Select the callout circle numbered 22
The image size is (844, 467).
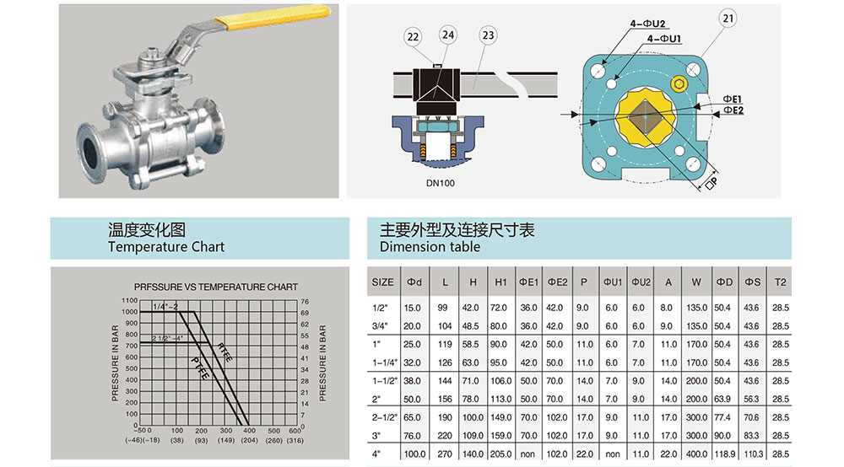(x=414, y=35)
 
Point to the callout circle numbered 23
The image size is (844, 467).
(x=487, y=35)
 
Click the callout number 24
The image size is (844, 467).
(x=447, y=35)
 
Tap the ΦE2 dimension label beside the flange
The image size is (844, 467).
(x=733, y=110)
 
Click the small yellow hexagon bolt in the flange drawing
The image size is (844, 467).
(x=680, y=84)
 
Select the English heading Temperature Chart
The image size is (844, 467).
(x=166, y=247)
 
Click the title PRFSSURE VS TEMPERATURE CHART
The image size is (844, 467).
(x=215, y=287)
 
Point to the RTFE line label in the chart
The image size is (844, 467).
(x=224, y=352)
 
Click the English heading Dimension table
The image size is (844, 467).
(x=430, y=247)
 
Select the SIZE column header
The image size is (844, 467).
(x=382, y=282)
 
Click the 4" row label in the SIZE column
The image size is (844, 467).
(x=377, y=454)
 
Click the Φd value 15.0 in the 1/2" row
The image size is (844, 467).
(x=412, y=308)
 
